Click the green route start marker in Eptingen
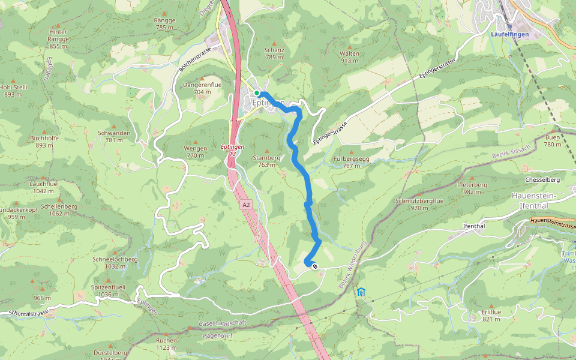[x=257, y=93]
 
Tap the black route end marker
[x=315, y=266]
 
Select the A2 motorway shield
[x=246, y=205]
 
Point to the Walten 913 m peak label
[x=350, y=56]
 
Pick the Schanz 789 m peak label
[x=274, y=53]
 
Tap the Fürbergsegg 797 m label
[x=351, y=161]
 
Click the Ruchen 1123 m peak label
[x=166, y=343]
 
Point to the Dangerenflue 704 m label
[x=202, y=88]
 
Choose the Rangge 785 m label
[x=164, y=23]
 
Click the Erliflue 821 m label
[x=491, y=316]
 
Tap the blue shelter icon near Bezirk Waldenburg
[x=361, y=292]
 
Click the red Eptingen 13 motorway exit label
[x=232, y=150]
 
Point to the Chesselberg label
[x=542, y=179]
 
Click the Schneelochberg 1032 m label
[x=115, y=262]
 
